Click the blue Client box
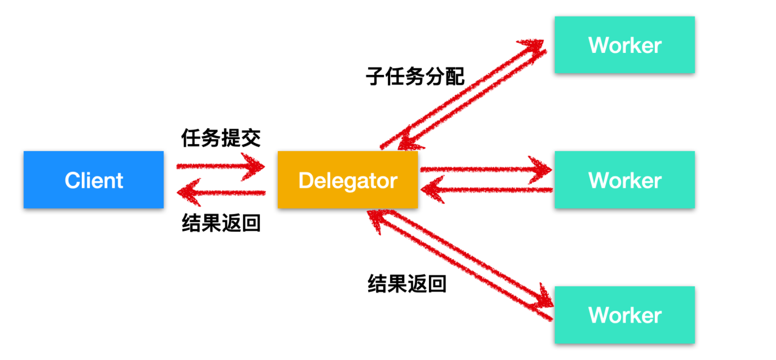point(93,180)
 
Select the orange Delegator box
point(348,180)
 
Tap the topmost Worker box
point(624,45)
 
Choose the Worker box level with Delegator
point(624,180)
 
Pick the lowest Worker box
point(624,315)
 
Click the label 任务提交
point(220,138)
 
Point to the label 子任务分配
point(415,77)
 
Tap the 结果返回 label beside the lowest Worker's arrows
point(407,284)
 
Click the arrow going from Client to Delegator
point(219,166)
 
